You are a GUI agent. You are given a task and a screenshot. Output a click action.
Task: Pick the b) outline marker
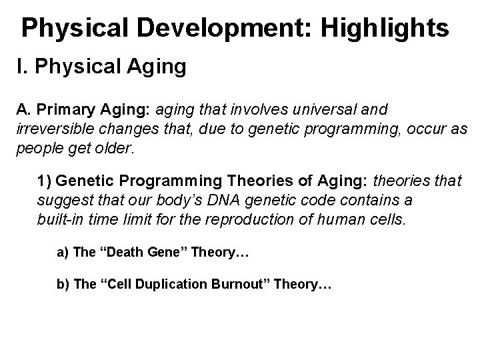(x=64, y=285)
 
